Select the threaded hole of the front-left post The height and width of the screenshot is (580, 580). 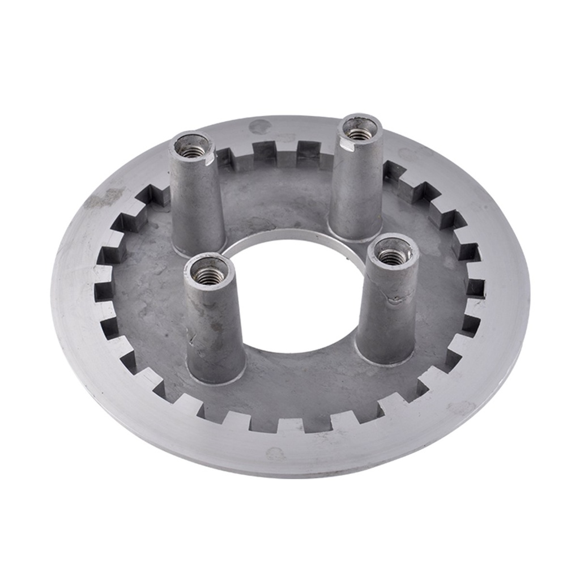point(208,276)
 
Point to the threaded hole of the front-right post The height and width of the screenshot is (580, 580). point(392,257)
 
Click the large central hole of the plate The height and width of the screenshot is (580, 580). point(295,300)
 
